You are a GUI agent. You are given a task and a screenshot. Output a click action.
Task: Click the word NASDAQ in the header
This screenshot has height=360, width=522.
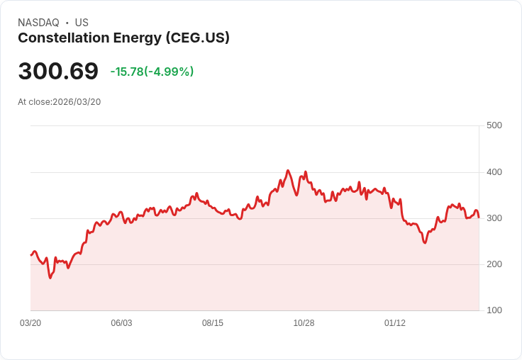38,23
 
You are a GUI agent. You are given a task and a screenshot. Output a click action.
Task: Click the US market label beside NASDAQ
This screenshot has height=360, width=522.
82,23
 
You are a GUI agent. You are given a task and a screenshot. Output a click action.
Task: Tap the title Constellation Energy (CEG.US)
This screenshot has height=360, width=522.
123,38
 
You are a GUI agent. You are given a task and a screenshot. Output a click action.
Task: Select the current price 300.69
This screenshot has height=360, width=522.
58,72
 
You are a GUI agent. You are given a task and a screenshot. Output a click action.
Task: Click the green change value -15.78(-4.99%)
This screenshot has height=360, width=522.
152,72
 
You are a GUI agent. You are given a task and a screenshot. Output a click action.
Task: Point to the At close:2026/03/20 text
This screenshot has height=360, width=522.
60,102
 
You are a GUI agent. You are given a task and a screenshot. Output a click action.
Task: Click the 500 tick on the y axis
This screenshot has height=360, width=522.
494,125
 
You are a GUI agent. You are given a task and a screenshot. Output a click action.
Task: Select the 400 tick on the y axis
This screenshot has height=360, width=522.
494,172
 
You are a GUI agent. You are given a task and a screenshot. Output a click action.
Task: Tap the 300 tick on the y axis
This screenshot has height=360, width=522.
494,218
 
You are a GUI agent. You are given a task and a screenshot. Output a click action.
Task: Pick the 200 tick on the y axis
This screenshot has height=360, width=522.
494,264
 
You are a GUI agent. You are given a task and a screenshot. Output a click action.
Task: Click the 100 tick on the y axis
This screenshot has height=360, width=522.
494,310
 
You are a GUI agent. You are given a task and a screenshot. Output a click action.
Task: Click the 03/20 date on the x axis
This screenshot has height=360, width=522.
30,323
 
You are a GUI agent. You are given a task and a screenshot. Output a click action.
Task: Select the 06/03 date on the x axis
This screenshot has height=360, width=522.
121,323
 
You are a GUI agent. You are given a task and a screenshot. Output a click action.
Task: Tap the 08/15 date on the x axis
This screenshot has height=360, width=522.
213,323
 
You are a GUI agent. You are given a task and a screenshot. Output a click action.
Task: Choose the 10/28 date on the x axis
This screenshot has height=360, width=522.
304,323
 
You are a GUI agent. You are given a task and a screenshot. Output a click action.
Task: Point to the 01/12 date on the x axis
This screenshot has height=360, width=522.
395,323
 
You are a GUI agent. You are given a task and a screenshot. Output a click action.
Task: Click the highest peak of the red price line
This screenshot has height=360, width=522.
287,171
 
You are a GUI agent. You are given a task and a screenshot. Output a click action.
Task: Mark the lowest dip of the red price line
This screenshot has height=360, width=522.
50,278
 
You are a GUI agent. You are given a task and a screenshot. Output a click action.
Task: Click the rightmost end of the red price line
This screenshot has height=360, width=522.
479,217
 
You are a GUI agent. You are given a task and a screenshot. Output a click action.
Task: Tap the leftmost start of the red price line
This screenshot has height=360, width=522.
31,254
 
